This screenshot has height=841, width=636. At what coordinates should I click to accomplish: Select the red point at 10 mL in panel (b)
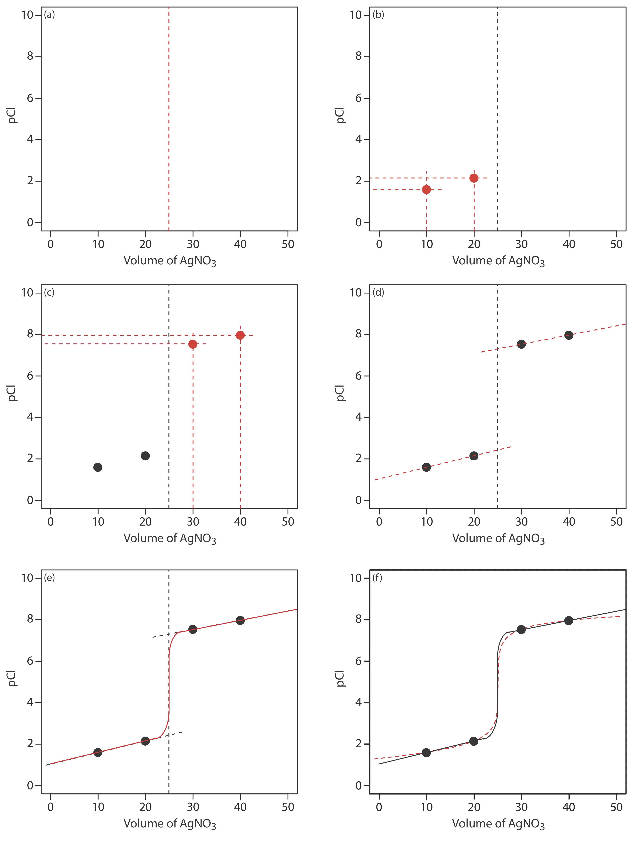pos(426,189)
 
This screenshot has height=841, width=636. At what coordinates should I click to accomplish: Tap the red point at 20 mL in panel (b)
pos(474,178)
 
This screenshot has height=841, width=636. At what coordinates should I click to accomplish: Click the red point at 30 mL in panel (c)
pos(193,344)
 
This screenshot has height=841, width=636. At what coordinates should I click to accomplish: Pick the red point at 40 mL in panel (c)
pos(240,335)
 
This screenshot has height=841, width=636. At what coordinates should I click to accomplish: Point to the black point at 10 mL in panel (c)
pos(98,467)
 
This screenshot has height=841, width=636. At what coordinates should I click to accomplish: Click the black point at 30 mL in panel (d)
pos(521,344)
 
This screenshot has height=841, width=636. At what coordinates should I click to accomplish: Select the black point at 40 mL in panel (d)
pos(569,335)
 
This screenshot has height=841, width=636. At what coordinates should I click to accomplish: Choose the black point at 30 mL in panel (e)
pos(193,629)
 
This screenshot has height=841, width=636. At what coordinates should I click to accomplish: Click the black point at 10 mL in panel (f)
pos(426,753)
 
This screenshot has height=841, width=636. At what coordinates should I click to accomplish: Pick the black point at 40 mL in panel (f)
pos(569,621)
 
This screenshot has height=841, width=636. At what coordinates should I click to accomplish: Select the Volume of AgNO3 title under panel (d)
pos(498,538)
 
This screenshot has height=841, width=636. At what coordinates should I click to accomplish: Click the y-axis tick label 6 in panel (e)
pos(30,661)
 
